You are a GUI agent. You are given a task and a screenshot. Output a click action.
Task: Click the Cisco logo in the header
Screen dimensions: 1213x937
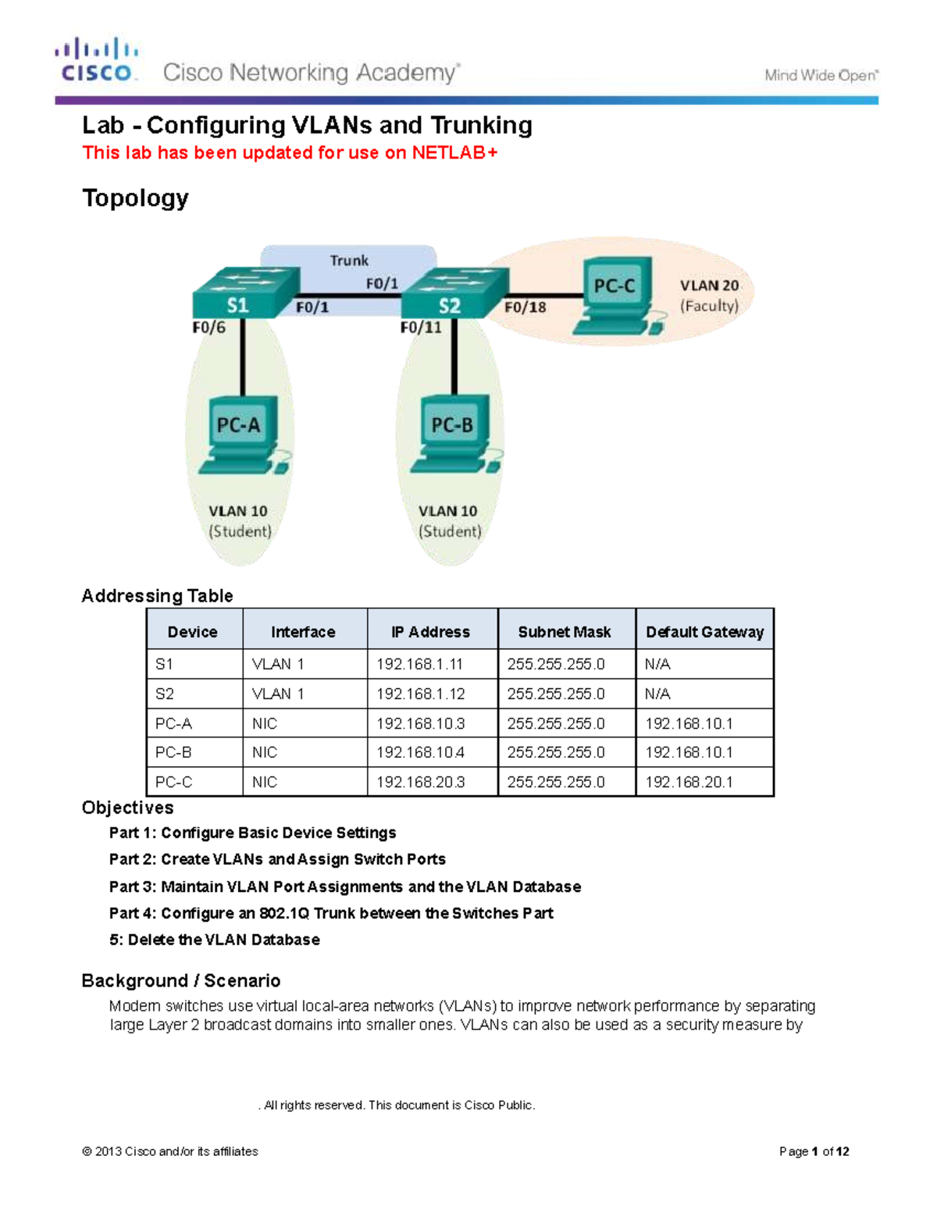(x=97, y=61)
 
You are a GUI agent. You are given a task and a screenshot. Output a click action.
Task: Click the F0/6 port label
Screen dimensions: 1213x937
(x=208, y=328)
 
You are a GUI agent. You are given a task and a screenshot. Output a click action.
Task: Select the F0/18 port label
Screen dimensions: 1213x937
(x=525, y=308)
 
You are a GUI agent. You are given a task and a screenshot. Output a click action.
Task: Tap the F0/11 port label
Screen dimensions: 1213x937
(x=421, y=328)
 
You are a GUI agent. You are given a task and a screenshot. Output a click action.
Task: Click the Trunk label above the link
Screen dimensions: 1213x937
(x=348, y=261)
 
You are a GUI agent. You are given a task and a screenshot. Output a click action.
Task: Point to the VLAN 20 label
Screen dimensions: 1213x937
(x=709, y=286)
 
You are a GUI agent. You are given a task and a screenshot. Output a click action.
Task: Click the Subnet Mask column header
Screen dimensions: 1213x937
(x=564, y=632)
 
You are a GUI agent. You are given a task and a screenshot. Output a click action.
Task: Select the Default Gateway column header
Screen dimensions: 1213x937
(x=704, y=632)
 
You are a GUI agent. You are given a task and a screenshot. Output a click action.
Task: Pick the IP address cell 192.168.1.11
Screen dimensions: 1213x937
(x=419, y=665)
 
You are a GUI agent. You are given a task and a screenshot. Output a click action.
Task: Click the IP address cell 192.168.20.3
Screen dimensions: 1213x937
(x=420, y=782)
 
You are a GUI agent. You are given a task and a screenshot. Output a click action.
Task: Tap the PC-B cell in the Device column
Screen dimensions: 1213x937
(x=173, y=752)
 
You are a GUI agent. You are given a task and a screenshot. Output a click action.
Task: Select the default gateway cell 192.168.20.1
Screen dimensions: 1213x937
(x=689, y=782)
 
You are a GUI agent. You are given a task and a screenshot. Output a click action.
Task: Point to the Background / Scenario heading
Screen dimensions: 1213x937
(x=181, y=981)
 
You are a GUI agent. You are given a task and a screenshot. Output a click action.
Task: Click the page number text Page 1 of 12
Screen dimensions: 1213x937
(x=814, y=1151)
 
